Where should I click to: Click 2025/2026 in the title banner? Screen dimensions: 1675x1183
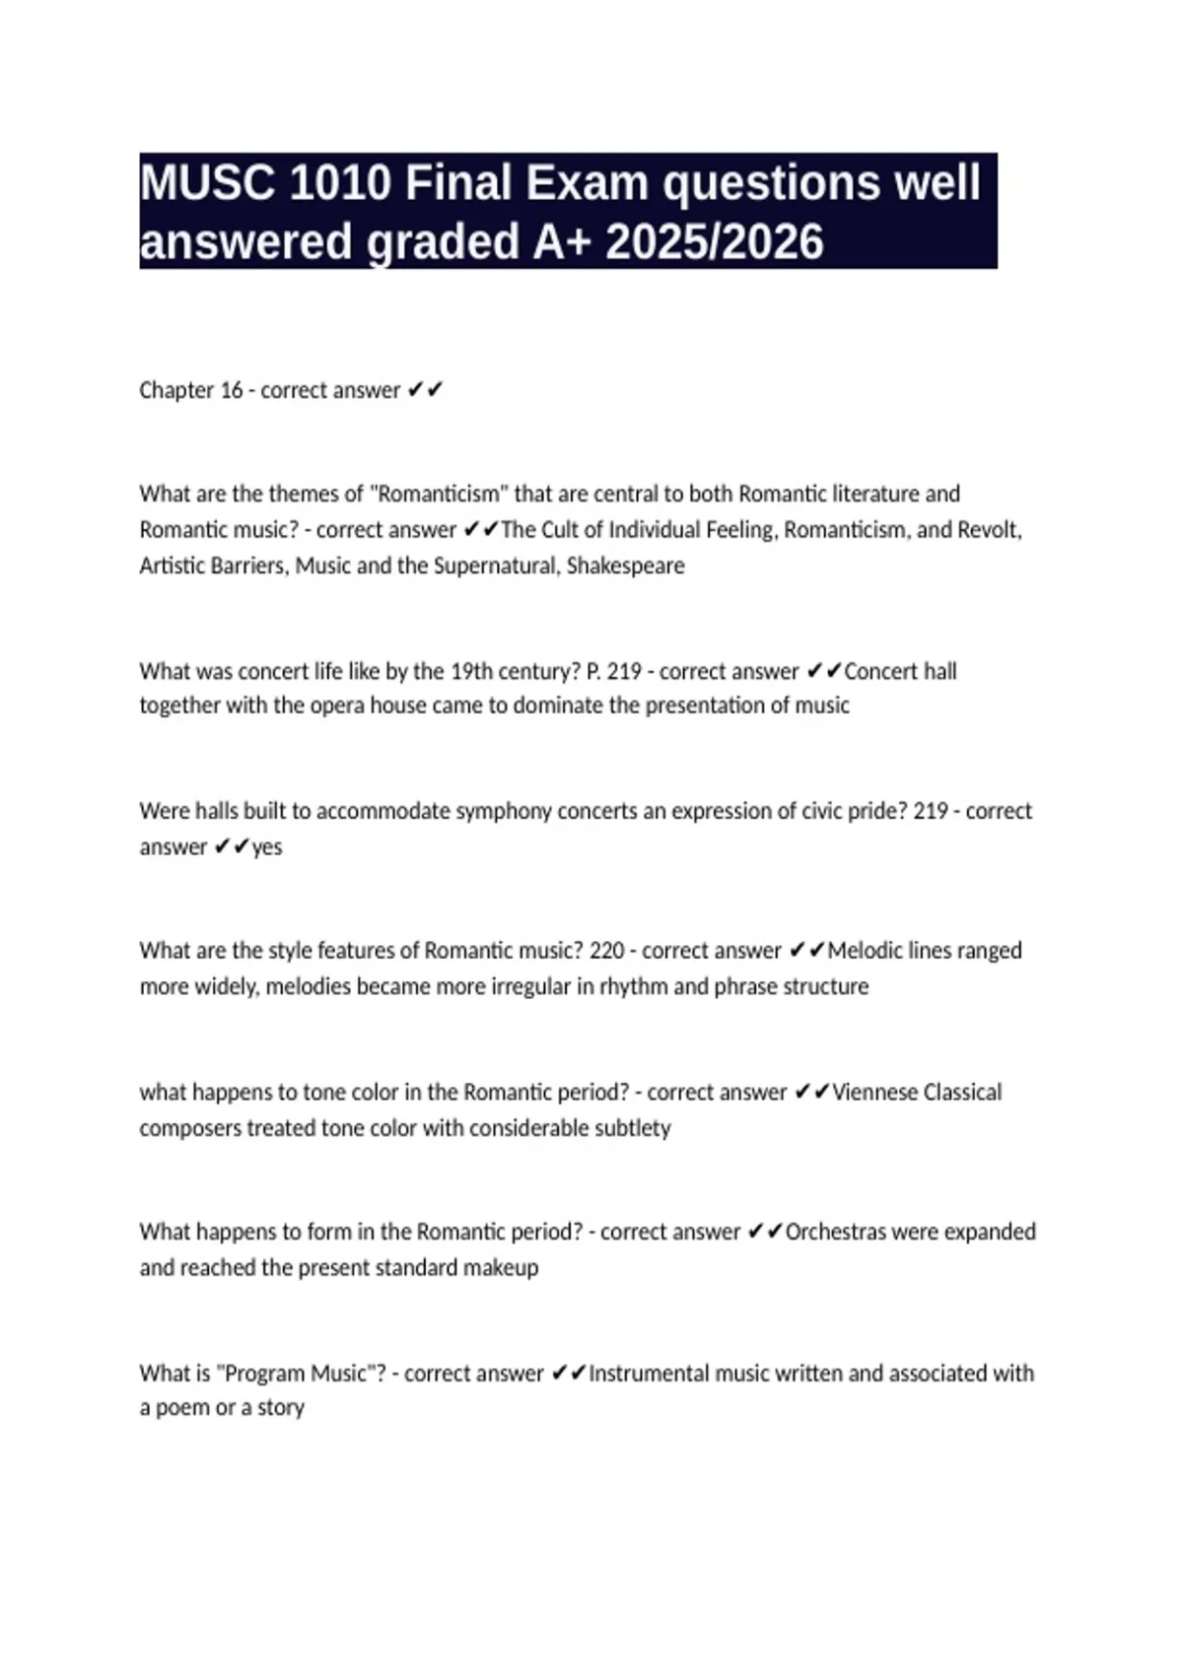[x=715, y=242]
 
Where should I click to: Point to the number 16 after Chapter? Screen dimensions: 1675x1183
[x=232, y=390]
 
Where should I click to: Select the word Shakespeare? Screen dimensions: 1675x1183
[x=625, y=566]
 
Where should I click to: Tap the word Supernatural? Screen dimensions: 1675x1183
[x=494, y=566]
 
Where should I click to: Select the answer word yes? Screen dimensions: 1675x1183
[x=267, y=847]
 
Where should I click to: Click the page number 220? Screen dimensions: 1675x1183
[x=607, y=951]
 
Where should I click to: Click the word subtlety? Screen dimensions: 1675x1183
[x=632, y=1128]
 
